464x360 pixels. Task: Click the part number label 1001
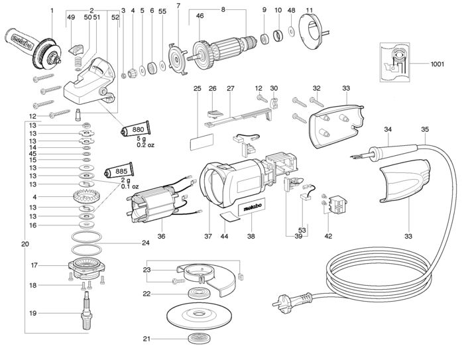pyautogui.click(x=437, y=64)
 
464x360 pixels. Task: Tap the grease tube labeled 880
pyautogui.click(x=135, y=129)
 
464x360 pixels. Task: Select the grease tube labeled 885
pyautogui.click(x=119, y=171)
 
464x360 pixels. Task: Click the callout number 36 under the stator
pyautogui.click(x=161, y=236)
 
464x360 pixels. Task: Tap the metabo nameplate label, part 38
pyautogui.click(x=252, y=208)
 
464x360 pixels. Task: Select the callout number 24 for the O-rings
pyautogui.click(x=146, y=243)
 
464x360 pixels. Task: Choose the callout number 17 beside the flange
pyautogui.click(x=34, y=265)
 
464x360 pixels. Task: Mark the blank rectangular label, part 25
pyautogui.click(x=202, y=142)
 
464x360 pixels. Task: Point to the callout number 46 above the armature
pyautogui.click(x=200, y=15)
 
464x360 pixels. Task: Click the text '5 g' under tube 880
pyautogui.click(x=141, y=139)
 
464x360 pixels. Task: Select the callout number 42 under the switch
pyautogui.click(x=328, y=236)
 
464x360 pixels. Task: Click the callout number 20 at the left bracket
pyautogui.click(x=25, y=244)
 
